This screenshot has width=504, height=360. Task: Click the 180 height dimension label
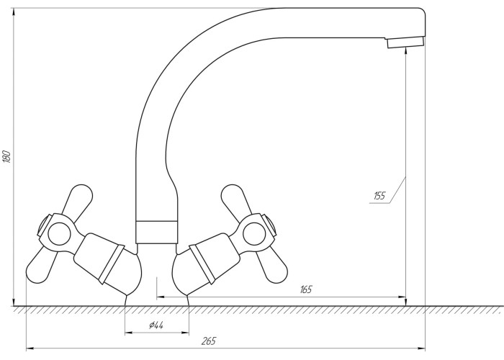pos(7,156)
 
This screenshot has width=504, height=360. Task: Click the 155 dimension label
pos(379,196)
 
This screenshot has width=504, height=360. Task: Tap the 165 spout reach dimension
pos(306,289)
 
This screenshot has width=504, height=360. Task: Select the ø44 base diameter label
pos(156,325)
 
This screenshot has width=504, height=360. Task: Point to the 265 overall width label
pos(209,341)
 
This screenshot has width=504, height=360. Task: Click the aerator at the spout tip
pos(405,42)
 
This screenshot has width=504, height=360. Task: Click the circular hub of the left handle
pos(59,234)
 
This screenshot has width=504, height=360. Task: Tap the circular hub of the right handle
pos(254,234)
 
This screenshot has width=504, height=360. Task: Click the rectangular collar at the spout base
pos(156,232)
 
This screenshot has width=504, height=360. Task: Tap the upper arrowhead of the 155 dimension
pos(406,51)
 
